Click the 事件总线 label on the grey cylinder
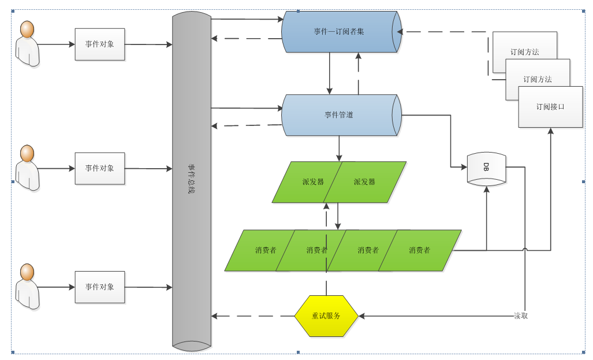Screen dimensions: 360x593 [191, 179]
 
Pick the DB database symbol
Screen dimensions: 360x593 [486, 168]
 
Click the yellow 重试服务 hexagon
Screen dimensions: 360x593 [326, 316]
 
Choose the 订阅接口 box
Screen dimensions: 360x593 [550, 107]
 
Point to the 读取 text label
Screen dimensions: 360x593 [521, 316]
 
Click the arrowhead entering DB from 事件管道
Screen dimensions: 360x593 [463, 168]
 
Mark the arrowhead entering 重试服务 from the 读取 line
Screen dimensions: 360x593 [361, 316]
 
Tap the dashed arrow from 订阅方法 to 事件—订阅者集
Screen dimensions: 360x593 [445, 32]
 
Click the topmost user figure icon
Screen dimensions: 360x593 [27, 44]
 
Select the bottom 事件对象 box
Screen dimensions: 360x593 [100, 287]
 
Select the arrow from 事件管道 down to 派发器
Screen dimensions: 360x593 [339, 149]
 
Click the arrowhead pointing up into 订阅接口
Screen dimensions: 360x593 [550, 131]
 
